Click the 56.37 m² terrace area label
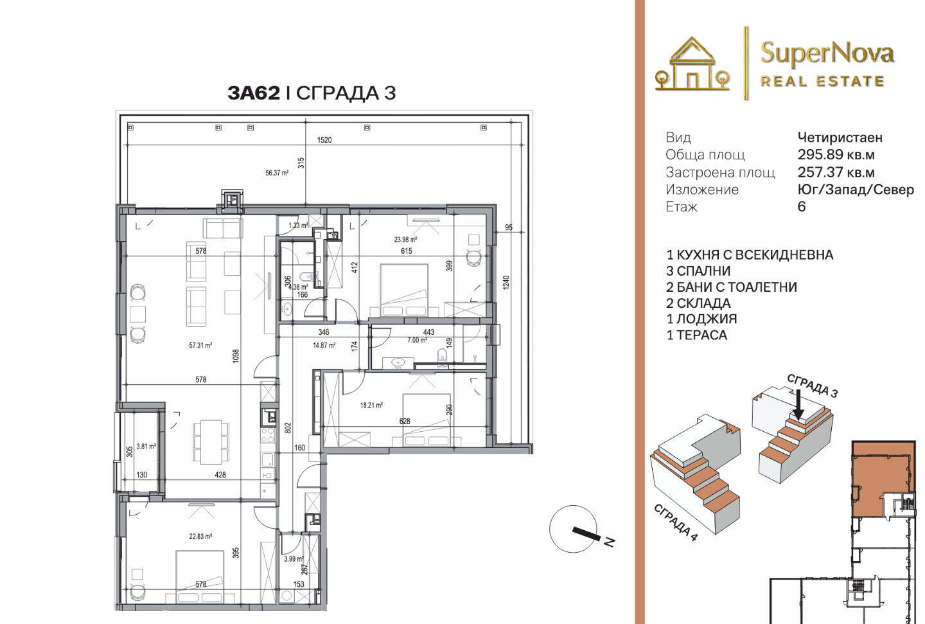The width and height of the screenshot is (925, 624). [277, 173]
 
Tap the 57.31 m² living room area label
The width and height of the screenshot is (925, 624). [200, 345]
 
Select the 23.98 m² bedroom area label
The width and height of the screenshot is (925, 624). [405, 239]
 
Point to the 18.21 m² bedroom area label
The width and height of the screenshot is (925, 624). [371, 406]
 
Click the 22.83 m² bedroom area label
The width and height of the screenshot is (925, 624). [200, 537]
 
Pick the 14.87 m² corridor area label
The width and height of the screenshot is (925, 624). [324, 345]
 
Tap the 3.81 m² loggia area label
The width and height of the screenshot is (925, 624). [146, 446]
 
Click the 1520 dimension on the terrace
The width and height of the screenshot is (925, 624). [324, 139]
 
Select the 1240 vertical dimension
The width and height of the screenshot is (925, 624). [507, 283]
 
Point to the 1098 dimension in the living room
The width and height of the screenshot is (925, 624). [236, 356]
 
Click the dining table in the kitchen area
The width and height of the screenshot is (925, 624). [211, 441]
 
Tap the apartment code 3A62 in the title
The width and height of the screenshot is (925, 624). [254, 93]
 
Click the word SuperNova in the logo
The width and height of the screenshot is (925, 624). [827, 54]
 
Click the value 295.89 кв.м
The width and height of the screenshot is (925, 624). [836, 154]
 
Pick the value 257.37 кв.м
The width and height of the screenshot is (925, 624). [836, 172]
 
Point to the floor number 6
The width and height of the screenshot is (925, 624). [802, 206]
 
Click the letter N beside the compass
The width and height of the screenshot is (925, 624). [610, 542]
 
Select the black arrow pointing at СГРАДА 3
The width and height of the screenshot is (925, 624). [798, 405]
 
